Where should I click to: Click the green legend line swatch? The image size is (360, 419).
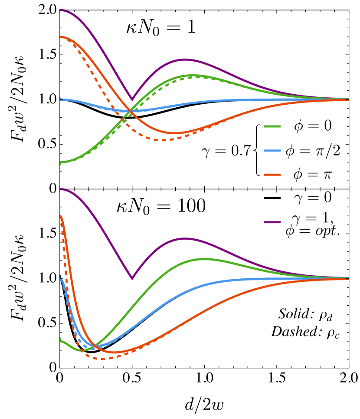point(272,126)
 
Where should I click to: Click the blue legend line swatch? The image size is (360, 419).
point(272,151)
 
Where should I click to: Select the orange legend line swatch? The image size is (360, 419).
point(272,175)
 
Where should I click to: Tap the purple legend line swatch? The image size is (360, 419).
point(272,222)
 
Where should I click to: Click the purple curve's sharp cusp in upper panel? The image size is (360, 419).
point(132,100)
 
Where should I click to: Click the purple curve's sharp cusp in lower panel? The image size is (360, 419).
point(132,279)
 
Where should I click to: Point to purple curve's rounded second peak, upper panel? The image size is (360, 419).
point(185,59)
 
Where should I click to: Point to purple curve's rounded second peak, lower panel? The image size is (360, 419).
point(185,238)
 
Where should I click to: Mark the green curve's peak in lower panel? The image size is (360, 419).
point(203,259)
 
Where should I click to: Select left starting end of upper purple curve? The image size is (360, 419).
point(61,10)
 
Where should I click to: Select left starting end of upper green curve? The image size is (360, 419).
point(61,163)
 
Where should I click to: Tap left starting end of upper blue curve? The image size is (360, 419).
point(61,99)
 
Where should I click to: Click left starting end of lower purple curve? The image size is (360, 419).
point(61,189)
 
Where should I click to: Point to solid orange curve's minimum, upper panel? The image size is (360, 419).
point(174,133)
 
